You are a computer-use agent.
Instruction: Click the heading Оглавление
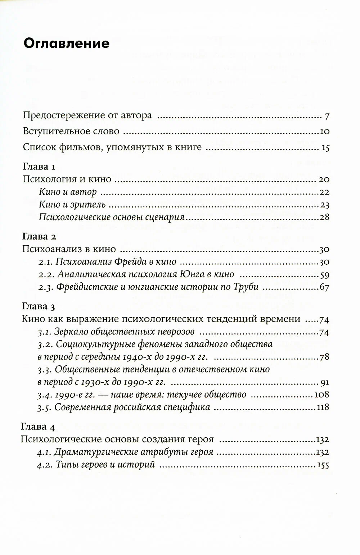pyautogui.click(x=66, y=44)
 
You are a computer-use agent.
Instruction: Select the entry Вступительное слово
pyautogui.click(x=71, y=132)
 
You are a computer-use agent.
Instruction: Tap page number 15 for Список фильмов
pyautogui.click(x=325, y=147)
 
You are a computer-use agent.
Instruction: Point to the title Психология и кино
pyautogui.click(x=67, y=179)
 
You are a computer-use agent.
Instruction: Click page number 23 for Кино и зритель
pyautogui.click(x=325, y=205)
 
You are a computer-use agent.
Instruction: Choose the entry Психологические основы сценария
pyautogui.click(x=112, y=217)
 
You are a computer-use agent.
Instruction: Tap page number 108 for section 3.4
pyautogui.click(x=322, y=395)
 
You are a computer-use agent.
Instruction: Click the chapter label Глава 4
pyautogui.click(x=39, y=427)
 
